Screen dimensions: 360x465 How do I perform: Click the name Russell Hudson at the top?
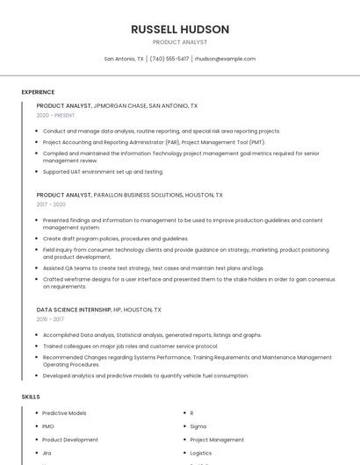point(180,29)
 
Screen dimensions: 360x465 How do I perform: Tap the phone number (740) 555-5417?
point(169,59)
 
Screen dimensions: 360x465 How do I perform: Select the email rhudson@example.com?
point(225,59)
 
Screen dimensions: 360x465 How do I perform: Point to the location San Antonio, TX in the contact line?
point(124,59)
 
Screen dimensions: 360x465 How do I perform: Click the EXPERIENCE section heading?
point(38,92)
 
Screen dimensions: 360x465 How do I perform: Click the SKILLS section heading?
point(31,397)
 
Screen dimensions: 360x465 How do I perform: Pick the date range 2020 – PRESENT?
point(55,115)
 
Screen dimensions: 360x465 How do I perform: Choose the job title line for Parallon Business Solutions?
point(129,195)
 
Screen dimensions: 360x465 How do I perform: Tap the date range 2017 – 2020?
point(51,204)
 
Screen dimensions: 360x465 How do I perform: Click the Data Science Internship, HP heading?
point(98,310)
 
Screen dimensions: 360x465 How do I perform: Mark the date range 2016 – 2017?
point(50,319)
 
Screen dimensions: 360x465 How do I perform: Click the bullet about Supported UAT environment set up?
point(103,171)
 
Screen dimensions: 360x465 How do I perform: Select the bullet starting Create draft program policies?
point(115,238)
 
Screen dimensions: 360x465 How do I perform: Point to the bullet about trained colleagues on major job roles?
point(130,346)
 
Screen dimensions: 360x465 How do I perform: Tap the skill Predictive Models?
point(64,412)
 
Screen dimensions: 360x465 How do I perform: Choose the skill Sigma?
point(198,426)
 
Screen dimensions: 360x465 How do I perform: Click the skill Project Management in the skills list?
point(217,440)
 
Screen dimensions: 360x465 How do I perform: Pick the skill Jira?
point(47,453)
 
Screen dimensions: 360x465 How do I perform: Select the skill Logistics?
point(202,453)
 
